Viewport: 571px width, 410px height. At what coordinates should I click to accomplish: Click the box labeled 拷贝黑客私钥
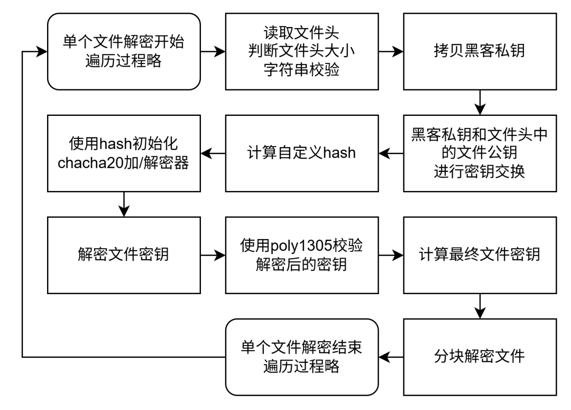[x=480, y=51]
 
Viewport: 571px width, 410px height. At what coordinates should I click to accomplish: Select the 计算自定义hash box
[x=302, y=153]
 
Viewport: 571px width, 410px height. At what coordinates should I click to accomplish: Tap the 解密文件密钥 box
[x=124, y=255]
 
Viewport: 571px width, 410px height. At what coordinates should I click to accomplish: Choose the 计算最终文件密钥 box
[x=480, y=255]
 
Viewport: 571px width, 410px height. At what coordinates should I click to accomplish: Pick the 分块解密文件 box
[x=480, y=357]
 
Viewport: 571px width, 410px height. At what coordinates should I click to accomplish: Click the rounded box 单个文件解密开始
[x=124, y=51]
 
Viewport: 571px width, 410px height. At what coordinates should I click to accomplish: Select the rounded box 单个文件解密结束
[x=302, y=357]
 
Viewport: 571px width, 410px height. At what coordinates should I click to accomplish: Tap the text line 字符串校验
[x=301, y=70]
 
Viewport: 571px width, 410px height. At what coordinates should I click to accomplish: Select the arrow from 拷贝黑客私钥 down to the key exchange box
[x=480, y=103]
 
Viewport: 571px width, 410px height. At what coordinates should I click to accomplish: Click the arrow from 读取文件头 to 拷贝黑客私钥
[x=391, y=51]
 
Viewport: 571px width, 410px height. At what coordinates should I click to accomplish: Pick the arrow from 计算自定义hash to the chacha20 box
[x=213, y=153]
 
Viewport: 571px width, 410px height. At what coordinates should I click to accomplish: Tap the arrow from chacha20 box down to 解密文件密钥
[x=124, y=204]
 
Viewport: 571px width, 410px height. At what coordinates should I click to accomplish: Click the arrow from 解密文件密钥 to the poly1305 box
[x=213, y=255]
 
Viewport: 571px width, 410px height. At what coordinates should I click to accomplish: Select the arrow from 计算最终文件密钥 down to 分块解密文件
[x=480, y=306]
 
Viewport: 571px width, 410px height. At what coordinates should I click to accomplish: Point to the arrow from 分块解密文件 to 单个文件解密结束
[x=391, y=357]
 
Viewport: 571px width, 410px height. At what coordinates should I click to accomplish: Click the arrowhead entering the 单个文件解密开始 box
[x=42, y=51]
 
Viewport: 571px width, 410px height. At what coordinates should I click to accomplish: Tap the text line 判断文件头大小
[x=301, y=51]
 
